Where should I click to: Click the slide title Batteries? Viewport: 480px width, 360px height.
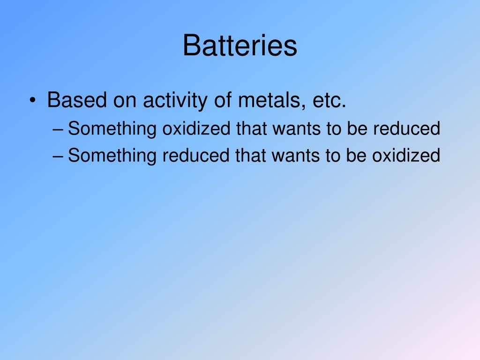[x=240, y=46]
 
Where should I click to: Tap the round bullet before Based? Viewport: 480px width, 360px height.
[x=32, y=101]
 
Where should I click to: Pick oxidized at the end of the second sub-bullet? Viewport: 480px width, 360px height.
[x=406, y=156]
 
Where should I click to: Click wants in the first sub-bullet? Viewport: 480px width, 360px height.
[x=293, y=129]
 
